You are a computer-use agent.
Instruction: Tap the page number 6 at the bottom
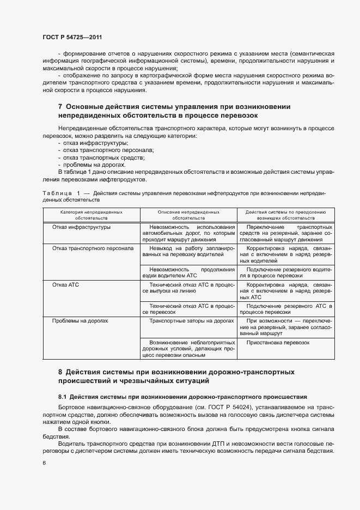tap(44, 463)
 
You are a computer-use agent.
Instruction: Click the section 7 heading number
tap(60, 106)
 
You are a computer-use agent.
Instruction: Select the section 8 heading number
tap(60, 372)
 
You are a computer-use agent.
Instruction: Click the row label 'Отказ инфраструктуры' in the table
tap(81, 227)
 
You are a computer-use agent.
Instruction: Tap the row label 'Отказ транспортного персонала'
tap(93, 248)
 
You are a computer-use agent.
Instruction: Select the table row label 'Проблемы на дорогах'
tap(80, 321)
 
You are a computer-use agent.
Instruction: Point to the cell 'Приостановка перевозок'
tap(278, 343)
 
